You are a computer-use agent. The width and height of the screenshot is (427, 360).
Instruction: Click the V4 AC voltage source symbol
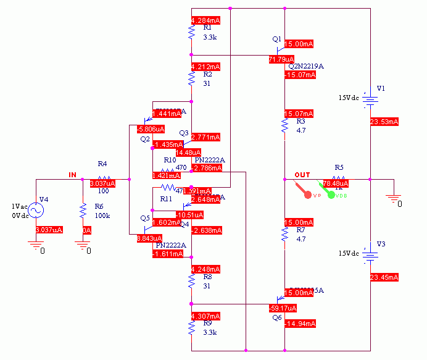[x=36, y=211]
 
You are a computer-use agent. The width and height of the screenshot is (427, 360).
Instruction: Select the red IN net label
[x=72, y=175]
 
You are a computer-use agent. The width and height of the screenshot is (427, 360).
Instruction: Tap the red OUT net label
[x=302, y=175]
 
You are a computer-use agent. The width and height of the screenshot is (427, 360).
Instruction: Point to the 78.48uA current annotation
[x=336, y=183]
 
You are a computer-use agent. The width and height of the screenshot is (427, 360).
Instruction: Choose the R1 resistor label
[x=207, y=28]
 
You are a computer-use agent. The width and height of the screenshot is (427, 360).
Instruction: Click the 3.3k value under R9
[x=209, y=331]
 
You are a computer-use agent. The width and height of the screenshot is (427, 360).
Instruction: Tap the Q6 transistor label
[x=276, y=316]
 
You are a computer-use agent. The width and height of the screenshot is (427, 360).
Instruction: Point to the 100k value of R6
[x=102, y=216]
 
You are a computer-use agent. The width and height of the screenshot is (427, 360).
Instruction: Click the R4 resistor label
[x=102, y=164]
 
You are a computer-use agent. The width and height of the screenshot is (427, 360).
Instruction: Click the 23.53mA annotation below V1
[x=384, y=122]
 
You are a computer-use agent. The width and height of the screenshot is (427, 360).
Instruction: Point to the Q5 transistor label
[x=145, y=218]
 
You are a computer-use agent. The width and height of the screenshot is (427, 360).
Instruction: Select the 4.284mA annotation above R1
[x=206, y=20]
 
